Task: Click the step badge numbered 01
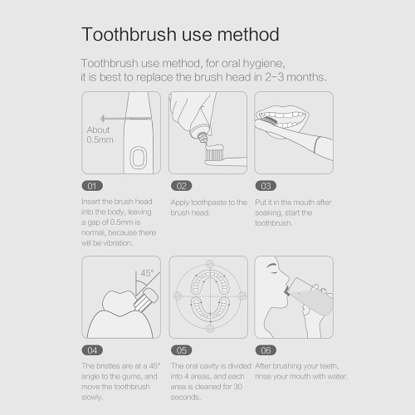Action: pos(92,186)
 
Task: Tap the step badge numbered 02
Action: pos(182,186)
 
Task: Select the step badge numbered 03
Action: pos(266,186)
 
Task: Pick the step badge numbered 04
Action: pos(92,350)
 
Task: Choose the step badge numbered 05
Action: pos(182,350)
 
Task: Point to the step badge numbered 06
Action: pos(266,350)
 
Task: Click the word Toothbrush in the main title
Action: pos(129,35)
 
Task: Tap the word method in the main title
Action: pos(248,35)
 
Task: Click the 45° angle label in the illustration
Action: pos(147,273)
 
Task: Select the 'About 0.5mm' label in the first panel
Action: pos(100,134)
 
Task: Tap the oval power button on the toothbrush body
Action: pos(138,158)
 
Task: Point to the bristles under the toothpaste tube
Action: pos(214,154)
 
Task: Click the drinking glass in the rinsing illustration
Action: pos(310,296)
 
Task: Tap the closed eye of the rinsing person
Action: pos(272,267)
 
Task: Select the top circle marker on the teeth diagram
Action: pos(210,263)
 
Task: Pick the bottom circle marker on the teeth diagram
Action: pos(210,329)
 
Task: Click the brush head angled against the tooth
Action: pos(146,300)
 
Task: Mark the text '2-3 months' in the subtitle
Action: pos(295,77)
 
